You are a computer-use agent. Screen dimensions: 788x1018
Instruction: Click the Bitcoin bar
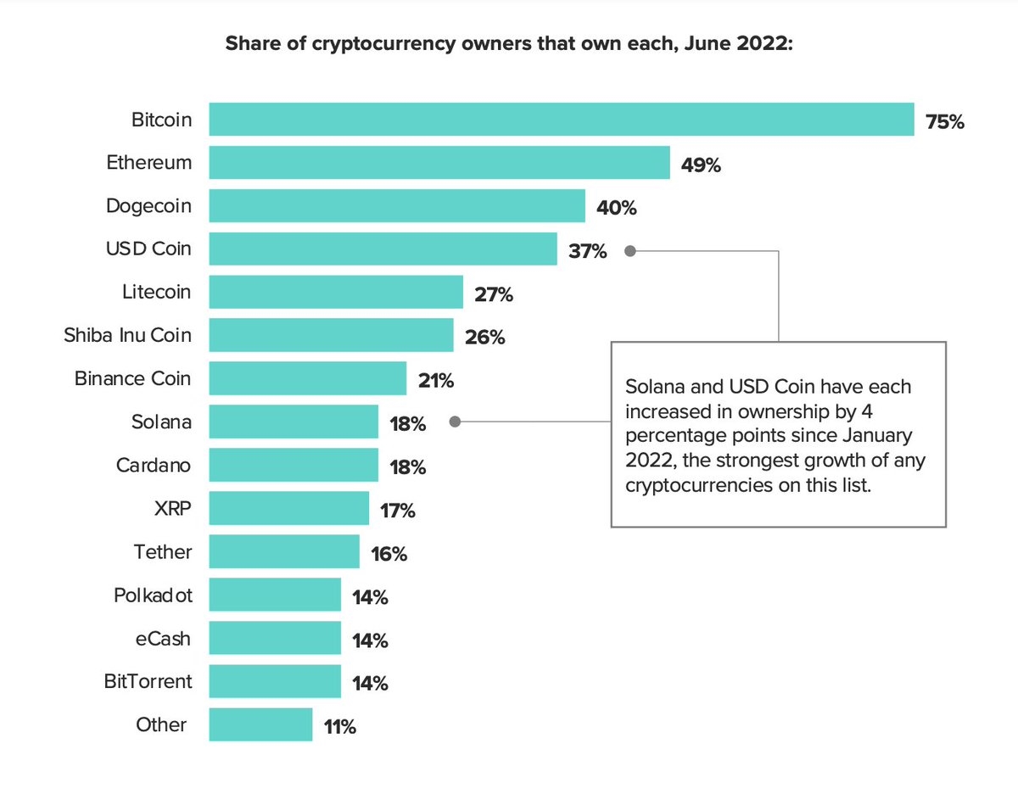click(561, 120)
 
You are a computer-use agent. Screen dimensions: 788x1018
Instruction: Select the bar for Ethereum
click(439, 163)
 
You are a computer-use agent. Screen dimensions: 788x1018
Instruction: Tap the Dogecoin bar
click(397, 206)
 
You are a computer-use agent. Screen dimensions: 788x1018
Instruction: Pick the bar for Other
click(260, 725)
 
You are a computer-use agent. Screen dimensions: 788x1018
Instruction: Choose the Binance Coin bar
click(308, 379)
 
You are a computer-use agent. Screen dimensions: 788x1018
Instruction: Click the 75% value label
click(945, 122)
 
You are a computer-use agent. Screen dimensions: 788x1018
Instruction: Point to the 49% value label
click(701, 165)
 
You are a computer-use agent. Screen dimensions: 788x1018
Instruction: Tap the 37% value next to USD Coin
click(588, 251)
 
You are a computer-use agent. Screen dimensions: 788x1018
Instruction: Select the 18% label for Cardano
click(407, 467)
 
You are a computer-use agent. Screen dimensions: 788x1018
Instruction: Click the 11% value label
click(339, 727)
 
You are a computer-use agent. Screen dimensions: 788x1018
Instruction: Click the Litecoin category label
click(157, 293)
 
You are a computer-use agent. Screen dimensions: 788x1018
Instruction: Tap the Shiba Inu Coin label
click(128, 336)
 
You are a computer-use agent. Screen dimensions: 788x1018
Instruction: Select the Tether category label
click(163, 552)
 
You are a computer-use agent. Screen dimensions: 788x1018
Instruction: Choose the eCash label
click(164, 639)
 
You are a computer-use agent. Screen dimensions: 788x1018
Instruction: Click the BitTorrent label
click(148, 681)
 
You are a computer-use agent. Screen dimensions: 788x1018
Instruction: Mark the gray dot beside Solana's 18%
click(455, 422)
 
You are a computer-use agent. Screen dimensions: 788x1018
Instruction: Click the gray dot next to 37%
click(629, 250)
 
